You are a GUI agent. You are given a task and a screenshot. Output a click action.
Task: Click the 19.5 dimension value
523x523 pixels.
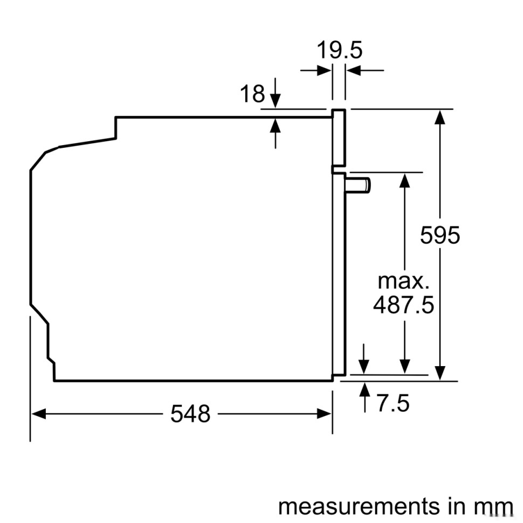339,51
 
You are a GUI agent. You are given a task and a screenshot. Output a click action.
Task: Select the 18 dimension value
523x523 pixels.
252,94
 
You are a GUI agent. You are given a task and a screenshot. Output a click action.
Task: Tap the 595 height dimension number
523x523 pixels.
440,235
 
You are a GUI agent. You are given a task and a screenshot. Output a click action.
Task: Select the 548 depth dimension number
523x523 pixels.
190,414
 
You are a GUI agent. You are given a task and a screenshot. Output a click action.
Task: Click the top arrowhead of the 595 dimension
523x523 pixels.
441,116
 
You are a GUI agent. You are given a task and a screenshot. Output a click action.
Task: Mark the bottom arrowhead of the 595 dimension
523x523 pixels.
441,373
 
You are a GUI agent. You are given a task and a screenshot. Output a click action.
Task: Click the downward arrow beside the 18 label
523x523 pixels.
276,100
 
